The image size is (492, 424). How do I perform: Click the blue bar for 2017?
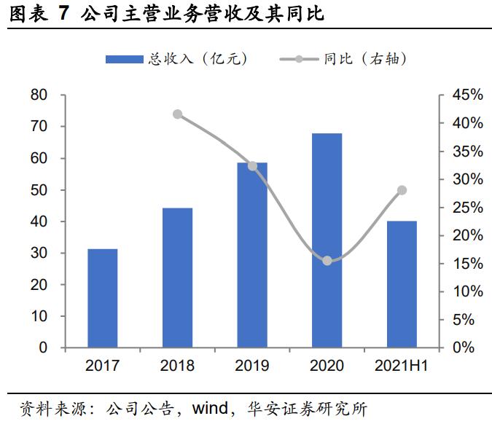[103, 298]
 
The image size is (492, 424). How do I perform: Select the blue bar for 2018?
[178, 278]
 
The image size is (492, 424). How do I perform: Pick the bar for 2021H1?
[402, 284]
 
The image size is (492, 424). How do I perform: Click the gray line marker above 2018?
[178, 114]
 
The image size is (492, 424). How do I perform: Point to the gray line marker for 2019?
[252, 166]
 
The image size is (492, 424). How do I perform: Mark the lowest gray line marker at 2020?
[327, 261]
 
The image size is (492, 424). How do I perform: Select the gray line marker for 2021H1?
[402, 190]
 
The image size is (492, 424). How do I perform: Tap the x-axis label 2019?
[252, 366]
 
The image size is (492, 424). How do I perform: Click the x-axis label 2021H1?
[402, 366]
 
